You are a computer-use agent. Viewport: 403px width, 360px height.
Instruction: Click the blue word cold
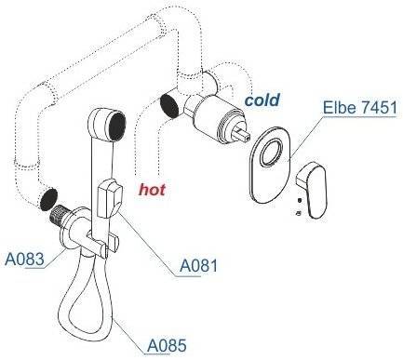tap(262, 100)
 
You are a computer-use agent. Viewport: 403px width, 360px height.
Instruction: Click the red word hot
tap(152, 189)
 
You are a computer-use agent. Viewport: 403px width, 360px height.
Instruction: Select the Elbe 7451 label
tap(360, 108)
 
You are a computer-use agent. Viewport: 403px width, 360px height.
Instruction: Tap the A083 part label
tap(24, 259)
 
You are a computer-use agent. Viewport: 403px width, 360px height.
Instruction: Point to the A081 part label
tap(199, 265)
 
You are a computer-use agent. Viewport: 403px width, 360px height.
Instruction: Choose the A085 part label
tap(167, 345)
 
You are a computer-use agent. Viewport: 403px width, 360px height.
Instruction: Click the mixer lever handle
tap(311, 190)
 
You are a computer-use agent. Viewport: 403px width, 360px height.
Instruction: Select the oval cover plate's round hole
tap(272, 153)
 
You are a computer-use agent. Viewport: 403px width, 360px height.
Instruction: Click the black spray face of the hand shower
tap(116, 127)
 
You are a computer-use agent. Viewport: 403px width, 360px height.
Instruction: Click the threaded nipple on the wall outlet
tap(59, 215)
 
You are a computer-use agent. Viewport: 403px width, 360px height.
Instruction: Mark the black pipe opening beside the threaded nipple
tap(48, 198)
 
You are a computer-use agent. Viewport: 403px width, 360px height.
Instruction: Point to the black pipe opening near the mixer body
tap(169, 105)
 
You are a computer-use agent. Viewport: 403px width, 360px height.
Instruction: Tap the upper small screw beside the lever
tap(300, 200)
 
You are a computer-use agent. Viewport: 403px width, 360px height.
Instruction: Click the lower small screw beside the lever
tap(299, 213)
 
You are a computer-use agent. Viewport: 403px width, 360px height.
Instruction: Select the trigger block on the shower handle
tap(109, 197)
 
